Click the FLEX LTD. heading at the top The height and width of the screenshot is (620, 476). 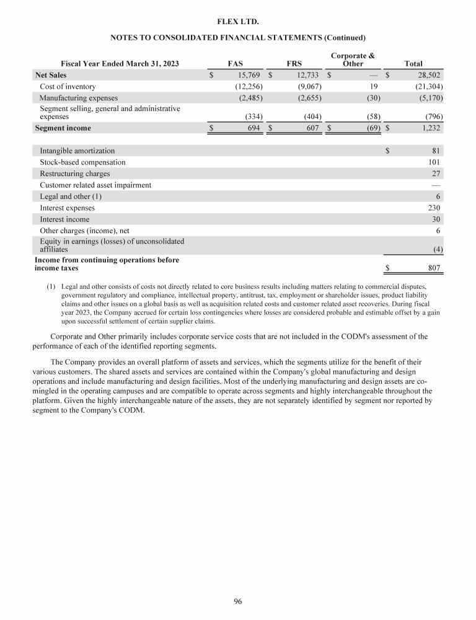pyautogui.click(x=237, y=22)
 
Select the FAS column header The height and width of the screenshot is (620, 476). pyautogui.click(x=235, y=63)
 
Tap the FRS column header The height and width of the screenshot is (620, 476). pyautogui.click(x=294, y=63)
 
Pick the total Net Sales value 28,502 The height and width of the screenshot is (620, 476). pyautogui.click(x=428, y=75)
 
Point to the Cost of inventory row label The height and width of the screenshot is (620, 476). pyautogui.click(x=68, y=86)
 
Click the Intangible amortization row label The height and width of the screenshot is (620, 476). pyautogui.click(x=77, y=151)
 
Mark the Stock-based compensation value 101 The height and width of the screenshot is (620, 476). pyautogui.click(x=434, y=162)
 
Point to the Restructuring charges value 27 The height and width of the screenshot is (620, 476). pyautogui.click(x=436, y=174)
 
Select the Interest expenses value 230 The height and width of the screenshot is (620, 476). pyautogui.click(x=434, y=208)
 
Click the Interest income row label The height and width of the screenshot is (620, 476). pyautogui.click(x=64, y=219)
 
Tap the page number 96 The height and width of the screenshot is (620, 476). pyautogui.click(x=237, y=601)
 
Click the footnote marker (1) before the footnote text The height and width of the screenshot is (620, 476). pyautogui.click(x=51, y=287)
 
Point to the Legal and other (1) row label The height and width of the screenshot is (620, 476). pyautogui.click(x=71, y=197)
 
